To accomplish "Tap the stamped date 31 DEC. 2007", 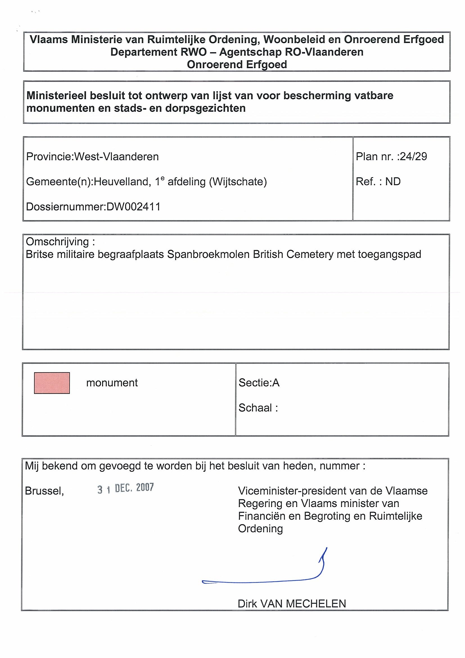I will pos(125,488).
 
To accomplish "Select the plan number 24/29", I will pos(414,156).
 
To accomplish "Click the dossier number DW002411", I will pos(133,207).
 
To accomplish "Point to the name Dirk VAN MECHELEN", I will pos(292,604).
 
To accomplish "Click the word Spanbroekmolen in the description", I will pos(208,254).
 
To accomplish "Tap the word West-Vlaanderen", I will pos(116,157).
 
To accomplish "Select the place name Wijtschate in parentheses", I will pos(238,182).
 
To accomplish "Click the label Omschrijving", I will pos(57,242).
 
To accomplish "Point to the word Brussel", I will pos(44,491).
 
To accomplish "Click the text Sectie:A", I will pos(259,383).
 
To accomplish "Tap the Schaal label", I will pos(255,408).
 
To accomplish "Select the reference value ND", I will pos(393,182).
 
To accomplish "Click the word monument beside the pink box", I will pos(112,383).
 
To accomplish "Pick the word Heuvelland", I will pos(121,182).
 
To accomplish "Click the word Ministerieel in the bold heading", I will pos(57,96).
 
